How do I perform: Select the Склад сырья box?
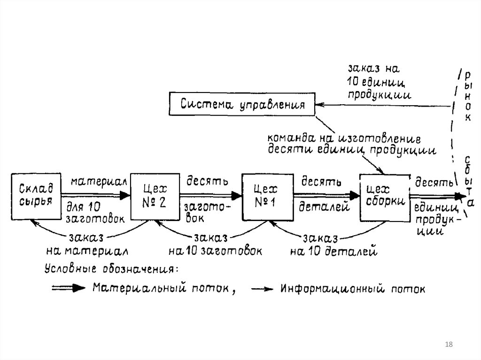point(36,197)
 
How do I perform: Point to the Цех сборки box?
point(384,197)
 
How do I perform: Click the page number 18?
point(448,345)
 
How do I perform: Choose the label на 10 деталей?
point(334,251)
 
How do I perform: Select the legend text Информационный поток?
point(353,288)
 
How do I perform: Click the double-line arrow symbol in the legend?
point(68,288)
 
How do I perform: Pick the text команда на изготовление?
point(343,139)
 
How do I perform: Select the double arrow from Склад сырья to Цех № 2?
point(97,194)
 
